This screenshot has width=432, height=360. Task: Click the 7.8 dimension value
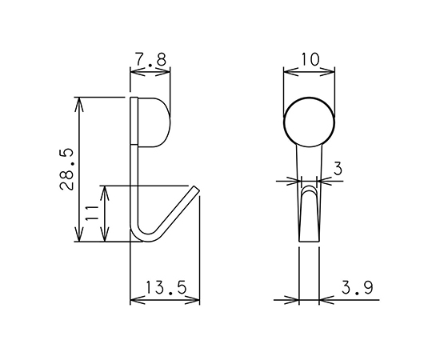pyautogui.click(x=151, y=59)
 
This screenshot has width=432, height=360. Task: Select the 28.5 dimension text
pyautogui.click(x=67, y=169)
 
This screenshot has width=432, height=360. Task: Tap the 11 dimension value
pyautogui.click(x=92, y=213)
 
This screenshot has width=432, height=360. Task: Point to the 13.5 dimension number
pyautogui.click(x=166, y=287)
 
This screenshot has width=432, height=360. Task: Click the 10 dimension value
pyautogui.click(x=310, y=59)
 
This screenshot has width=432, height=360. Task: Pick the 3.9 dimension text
pyautogui.click(x=357, y=287)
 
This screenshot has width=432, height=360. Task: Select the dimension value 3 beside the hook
pyautogui.click(x=338, y=169)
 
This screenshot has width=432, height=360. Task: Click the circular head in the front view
pyautogui.click(x=310, y=122)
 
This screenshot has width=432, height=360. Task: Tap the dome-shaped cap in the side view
pyautogui.click(x=154, y=122)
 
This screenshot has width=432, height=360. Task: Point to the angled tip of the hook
pyautogui.click(x=196, y=189)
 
